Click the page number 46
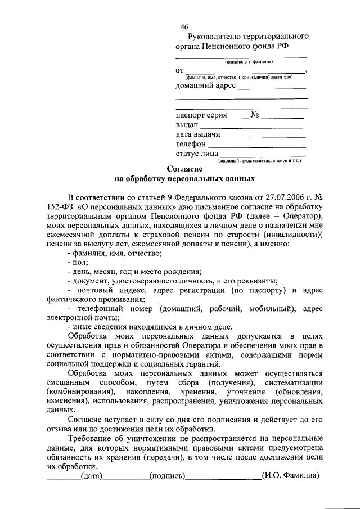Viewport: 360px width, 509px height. coord(184,27)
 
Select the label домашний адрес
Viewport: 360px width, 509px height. coord(206,86)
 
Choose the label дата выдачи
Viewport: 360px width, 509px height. coord(198,134)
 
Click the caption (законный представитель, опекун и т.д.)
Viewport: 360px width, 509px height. coord(259,161)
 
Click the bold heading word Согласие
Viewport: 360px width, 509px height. coord(185,169)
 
